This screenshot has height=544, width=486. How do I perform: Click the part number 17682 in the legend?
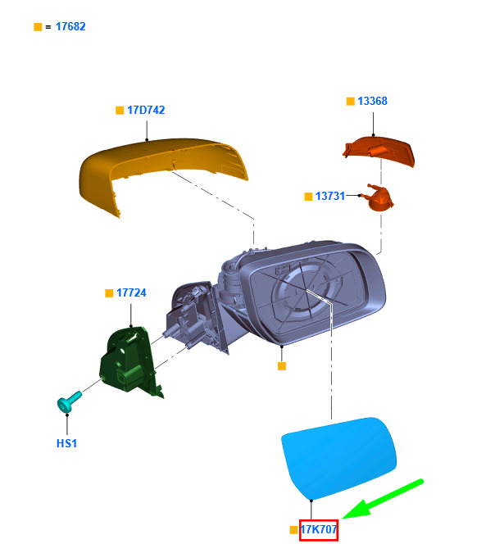[70, 27]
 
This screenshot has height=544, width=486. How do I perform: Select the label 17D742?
[146, 110]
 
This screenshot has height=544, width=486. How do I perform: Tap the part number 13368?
[372, 101]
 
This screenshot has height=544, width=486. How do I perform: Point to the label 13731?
[330, 196]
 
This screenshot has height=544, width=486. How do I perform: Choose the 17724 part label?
[131, 292]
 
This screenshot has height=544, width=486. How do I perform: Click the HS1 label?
[66, 443]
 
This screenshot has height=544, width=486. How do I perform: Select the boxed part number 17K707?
[319, 530]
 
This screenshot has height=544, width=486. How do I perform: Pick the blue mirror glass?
[338, 458]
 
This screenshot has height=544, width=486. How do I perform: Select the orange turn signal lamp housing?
[379, 151]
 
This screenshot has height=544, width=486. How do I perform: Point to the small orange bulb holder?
[378, 197]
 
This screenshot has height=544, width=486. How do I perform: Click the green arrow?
[382, 500]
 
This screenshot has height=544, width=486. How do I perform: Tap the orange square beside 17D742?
[120, 111]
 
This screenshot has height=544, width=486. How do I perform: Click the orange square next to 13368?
[350, 101]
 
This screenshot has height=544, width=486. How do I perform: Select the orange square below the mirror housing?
[282, 366]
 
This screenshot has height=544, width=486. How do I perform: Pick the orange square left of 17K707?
[293, 530]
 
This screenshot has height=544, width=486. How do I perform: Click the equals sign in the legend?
[48, 27]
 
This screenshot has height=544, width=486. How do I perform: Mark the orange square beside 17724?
[109, 293]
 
